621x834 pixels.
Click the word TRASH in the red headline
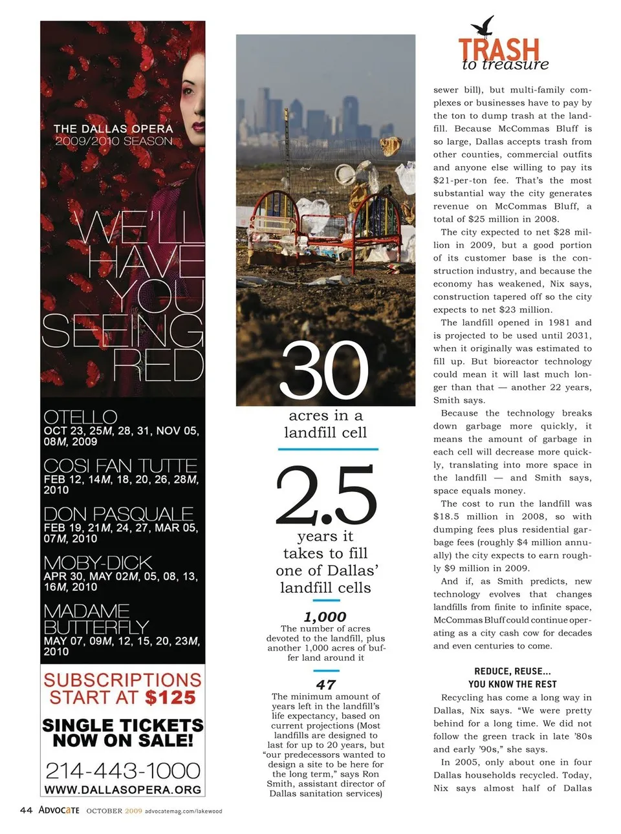tap(499, 49)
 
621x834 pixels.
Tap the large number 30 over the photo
tap(324, 371)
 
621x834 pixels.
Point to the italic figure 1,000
tap(325, 617)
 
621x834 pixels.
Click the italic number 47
tap(325, 685)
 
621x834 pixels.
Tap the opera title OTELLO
tap(80, 417)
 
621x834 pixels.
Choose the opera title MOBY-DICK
tap(98, 562)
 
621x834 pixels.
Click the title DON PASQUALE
tap(118, 514)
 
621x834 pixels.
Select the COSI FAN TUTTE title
tap(120, 465)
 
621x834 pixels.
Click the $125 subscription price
tap(170, 698)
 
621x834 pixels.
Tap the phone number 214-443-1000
tap(123, 770)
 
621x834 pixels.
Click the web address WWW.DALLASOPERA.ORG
tap(123, 790)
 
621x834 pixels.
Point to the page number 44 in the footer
tap(26, 810)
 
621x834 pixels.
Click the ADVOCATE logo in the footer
tap(59, 810)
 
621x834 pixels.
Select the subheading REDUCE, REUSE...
tap(512, 671)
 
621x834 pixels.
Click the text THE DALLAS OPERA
tap(113, 129)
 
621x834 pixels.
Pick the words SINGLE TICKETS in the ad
tap(123, 725)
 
